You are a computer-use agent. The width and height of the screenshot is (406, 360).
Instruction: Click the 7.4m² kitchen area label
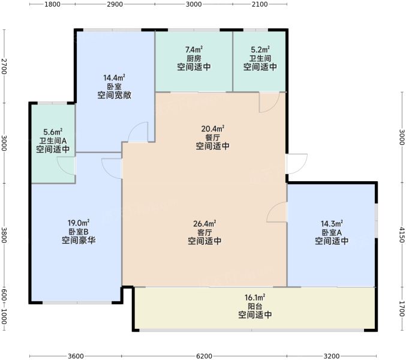coord(194,49)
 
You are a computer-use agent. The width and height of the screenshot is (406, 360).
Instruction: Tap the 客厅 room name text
coord(204,232)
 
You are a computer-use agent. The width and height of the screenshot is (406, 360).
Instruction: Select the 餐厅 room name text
coord(212,137)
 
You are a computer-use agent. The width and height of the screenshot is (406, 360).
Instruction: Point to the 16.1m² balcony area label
coord(255,298)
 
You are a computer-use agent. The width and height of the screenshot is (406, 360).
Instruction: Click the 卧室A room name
coord(332,232)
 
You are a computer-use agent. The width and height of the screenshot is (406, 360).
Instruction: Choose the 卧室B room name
coord(79,232)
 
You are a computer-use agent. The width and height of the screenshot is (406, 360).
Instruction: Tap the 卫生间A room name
coord(53,141)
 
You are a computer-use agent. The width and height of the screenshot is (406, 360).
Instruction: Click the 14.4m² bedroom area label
coord(114,77)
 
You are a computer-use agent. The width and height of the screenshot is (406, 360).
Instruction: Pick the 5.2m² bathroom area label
coord(260,49)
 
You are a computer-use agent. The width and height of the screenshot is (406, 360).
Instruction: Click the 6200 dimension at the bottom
coord(204,356)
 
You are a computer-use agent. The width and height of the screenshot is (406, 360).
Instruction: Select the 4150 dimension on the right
coord(401,235)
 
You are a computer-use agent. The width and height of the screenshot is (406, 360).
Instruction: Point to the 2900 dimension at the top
coord(115,4)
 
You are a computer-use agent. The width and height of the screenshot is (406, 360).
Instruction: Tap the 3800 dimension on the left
coord(4,235)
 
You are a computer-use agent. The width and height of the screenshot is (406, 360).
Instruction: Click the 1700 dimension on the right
coord(401,309)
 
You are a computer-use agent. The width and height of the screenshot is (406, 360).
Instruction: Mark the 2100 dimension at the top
coord(260,4)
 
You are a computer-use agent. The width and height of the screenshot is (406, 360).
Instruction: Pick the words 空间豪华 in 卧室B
coord(79,240)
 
